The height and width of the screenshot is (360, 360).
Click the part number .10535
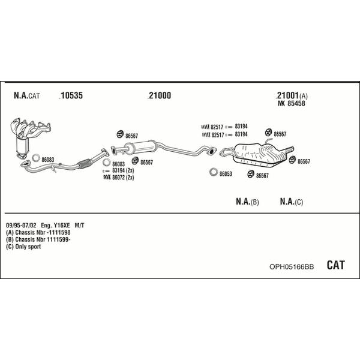(x=71, y=95)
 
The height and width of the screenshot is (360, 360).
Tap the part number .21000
(x=159, y=95)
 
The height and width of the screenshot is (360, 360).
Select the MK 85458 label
(x=292, y=104)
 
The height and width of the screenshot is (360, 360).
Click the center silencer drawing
(x=140, y=147)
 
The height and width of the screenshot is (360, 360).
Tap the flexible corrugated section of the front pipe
(x=84, y=163)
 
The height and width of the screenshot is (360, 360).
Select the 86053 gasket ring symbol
(x=214, y=172)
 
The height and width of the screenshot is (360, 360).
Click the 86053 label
(x=226, y=174)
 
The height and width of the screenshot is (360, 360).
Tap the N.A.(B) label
(x=247, y=202)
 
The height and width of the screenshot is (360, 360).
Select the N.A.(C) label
(x=292, y=202)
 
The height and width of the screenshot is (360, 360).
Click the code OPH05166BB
(x=292, y=267)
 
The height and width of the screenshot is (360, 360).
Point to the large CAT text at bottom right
(x=335, y=265)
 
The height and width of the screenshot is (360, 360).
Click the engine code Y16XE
(x=62, y=225)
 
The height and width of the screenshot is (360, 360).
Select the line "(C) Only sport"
(x=23, y=247)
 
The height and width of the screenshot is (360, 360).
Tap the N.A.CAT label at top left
(x=27, y=95)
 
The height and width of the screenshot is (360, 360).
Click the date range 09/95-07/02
(x=21, y=225)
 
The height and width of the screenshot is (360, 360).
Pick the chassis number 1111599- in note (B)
(x=59, y=239)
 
